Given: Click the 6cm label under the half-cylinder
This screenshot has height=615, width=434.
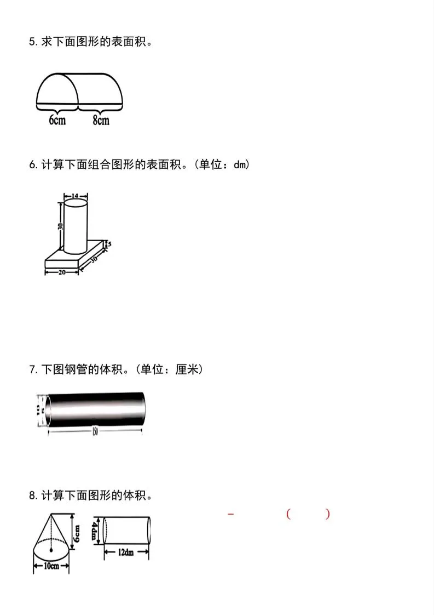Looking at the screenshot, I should (x=57, y=120).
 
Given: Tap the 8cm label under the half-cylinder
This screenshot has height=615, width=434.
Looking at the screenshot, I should (x=101, y=120).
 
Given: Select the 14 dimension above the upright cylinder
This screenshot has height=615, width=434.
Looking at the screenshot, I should (x=75, y=195).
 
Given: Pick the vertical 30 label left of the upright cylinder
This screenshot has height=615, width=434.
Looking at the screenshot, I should (x=60, y=225).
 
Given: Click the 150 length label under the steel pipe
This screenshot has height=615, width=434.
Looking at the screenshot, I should (x=95, y=432).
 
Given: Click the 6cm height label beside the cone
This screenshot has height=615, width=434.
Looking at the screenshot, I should (x=77, y=530).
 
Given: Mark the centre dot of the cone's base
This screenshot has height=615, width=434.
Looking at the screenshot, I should (x=51, y=549).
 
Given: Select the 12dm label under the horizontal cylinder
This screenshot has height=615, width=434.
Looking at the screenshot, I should (x=126, y=553).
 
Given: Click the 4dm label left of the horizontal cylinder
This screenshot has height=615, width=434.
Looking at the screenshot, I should (x=95, y=530).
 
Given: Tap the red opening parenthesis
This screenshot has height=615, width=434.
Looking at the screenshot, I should (x=288, y=514).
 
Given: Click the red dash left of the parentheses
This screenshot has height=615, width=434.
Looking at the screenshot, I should (x=230, y=514).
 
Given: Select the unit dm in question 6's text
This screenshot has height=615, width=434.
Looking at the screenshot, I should (x=241, y=164).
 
